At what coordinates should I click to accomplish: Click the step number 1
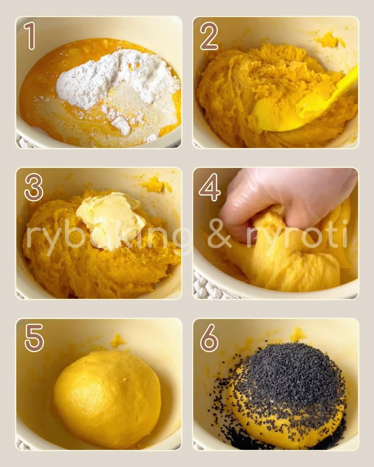pos(31,37)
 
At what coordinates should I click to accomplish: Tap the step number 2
pos(209,37)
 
